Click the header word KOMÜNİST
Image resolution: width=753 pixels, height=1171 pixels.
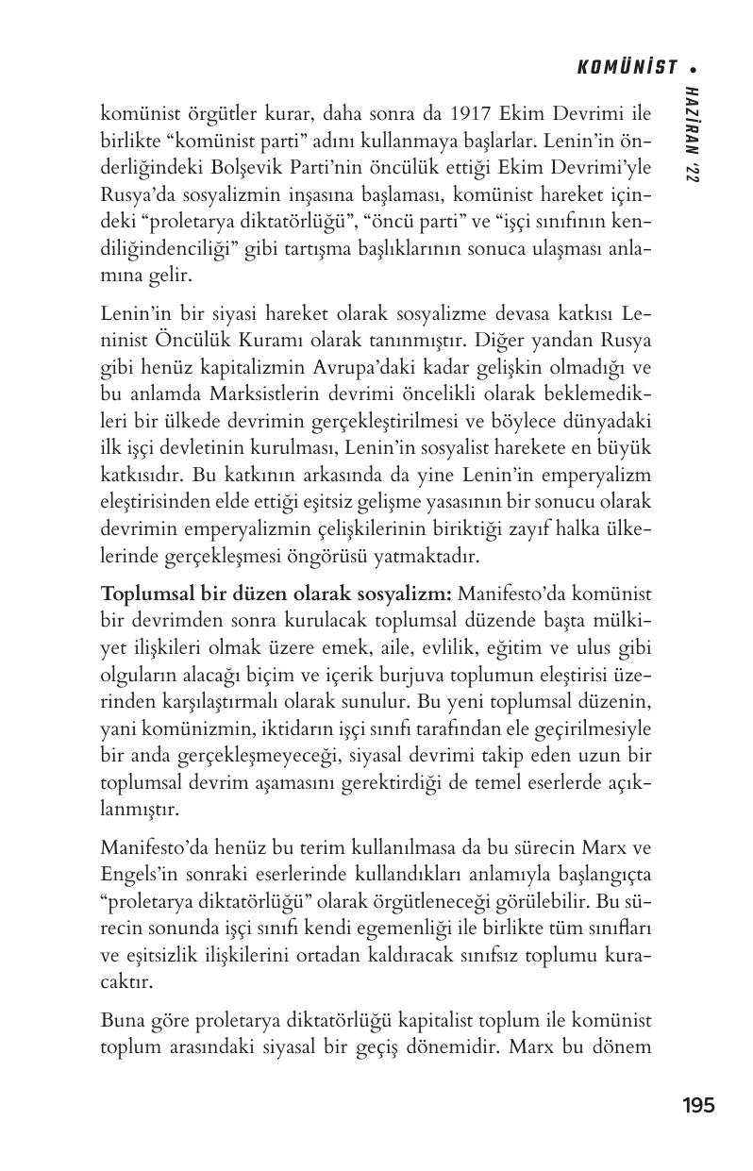point(627,67)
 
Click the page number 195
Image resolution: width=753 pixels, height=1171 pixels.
point(698,1105)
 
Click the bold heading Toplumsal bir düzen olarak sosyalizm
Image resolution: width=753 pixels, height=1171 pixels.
point(276,594)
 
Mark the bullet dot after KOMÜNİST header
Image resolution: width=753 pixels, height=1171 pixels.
point(694,68)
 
